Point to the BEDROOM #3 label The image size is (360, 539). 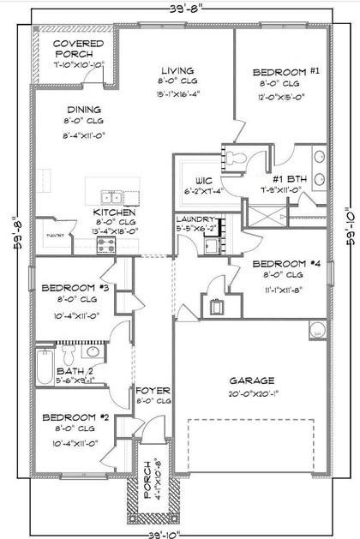(x=71, y=288)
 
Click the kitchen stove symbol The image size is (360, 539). (x=105, y=245)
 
